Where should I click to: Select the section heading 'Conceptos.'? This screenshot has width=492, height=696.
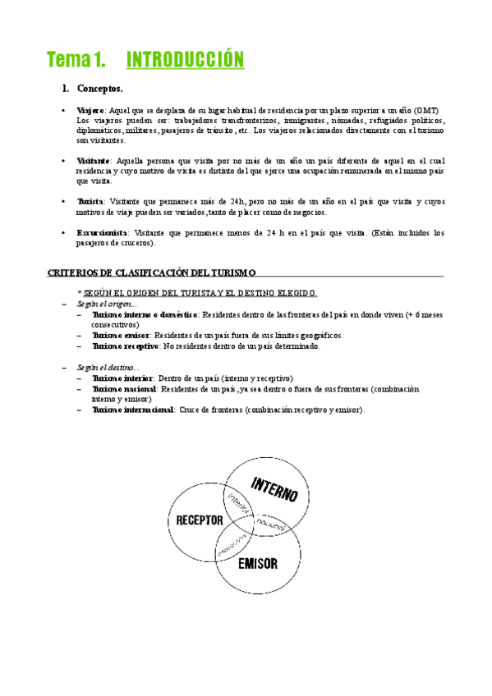(99, 89)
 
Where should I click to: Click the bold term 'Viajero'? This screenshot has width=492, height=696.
(90, 110)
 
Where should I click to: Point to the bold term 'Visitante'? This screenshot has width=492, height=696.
(94, 161)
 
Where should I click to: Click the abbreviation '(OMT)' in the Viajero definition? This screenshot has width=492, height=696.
(426, 110)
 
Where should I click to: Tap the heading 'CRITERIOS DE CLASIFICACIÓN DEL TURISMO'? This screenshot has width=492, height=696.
(153, 272)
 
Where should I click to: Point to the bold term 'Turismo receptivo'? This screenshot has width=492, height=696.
(126, 346)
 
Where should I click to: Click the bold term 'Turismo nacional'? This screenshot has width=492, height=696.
(125, 388)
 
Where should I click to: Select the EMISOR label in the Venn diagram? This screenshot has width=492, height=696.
(257, 564)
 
